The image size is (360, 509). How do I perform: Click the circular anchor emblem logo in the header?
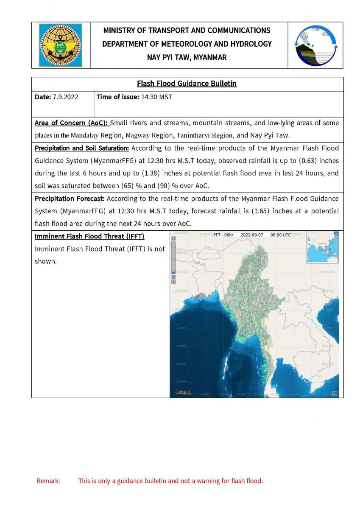[61, 45]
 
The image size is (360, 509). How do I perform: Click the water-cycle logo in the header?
[315, 45]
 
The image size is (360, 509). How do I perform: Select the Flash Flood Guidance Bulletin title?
[187, 84]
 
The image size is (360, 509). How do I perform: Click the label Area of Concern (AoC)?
[72, 123]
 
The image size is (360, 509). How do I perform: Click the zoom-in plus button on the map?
[173, 238]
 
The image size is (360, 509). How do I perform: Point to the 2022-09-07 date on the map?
[252, 235]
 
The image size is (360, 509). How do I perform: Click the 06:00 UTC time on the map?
[281, 235]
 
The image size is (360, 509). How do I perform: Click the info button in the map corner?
[335, 393]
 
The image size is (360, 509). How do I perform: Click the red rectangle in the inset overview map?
[322, 246]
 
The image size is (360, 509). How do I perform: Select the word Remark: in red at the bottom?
[48, 481]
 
